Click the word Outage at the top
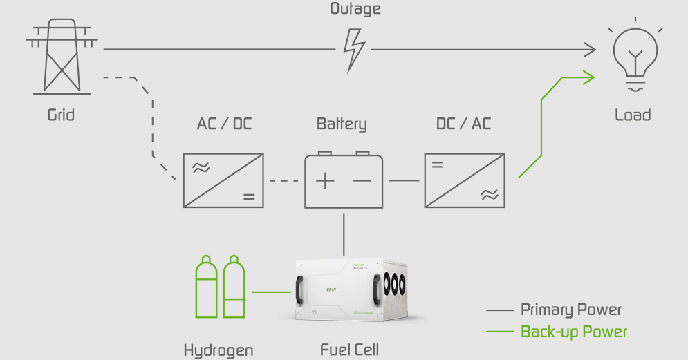pos(355,10)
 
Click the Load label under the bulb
pos(633,115)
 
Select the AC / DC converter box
pos(223,180)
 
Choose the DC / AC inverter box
pos(464,180)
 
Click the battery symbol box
pos(344,181)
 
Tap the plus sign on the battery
pos(325,182)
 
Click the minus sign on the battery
pos(362,182)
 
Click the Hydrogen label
pos(218,350)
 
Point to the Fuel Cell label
pos(350,350)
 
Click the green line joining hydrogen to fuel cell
pos(271,292)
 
